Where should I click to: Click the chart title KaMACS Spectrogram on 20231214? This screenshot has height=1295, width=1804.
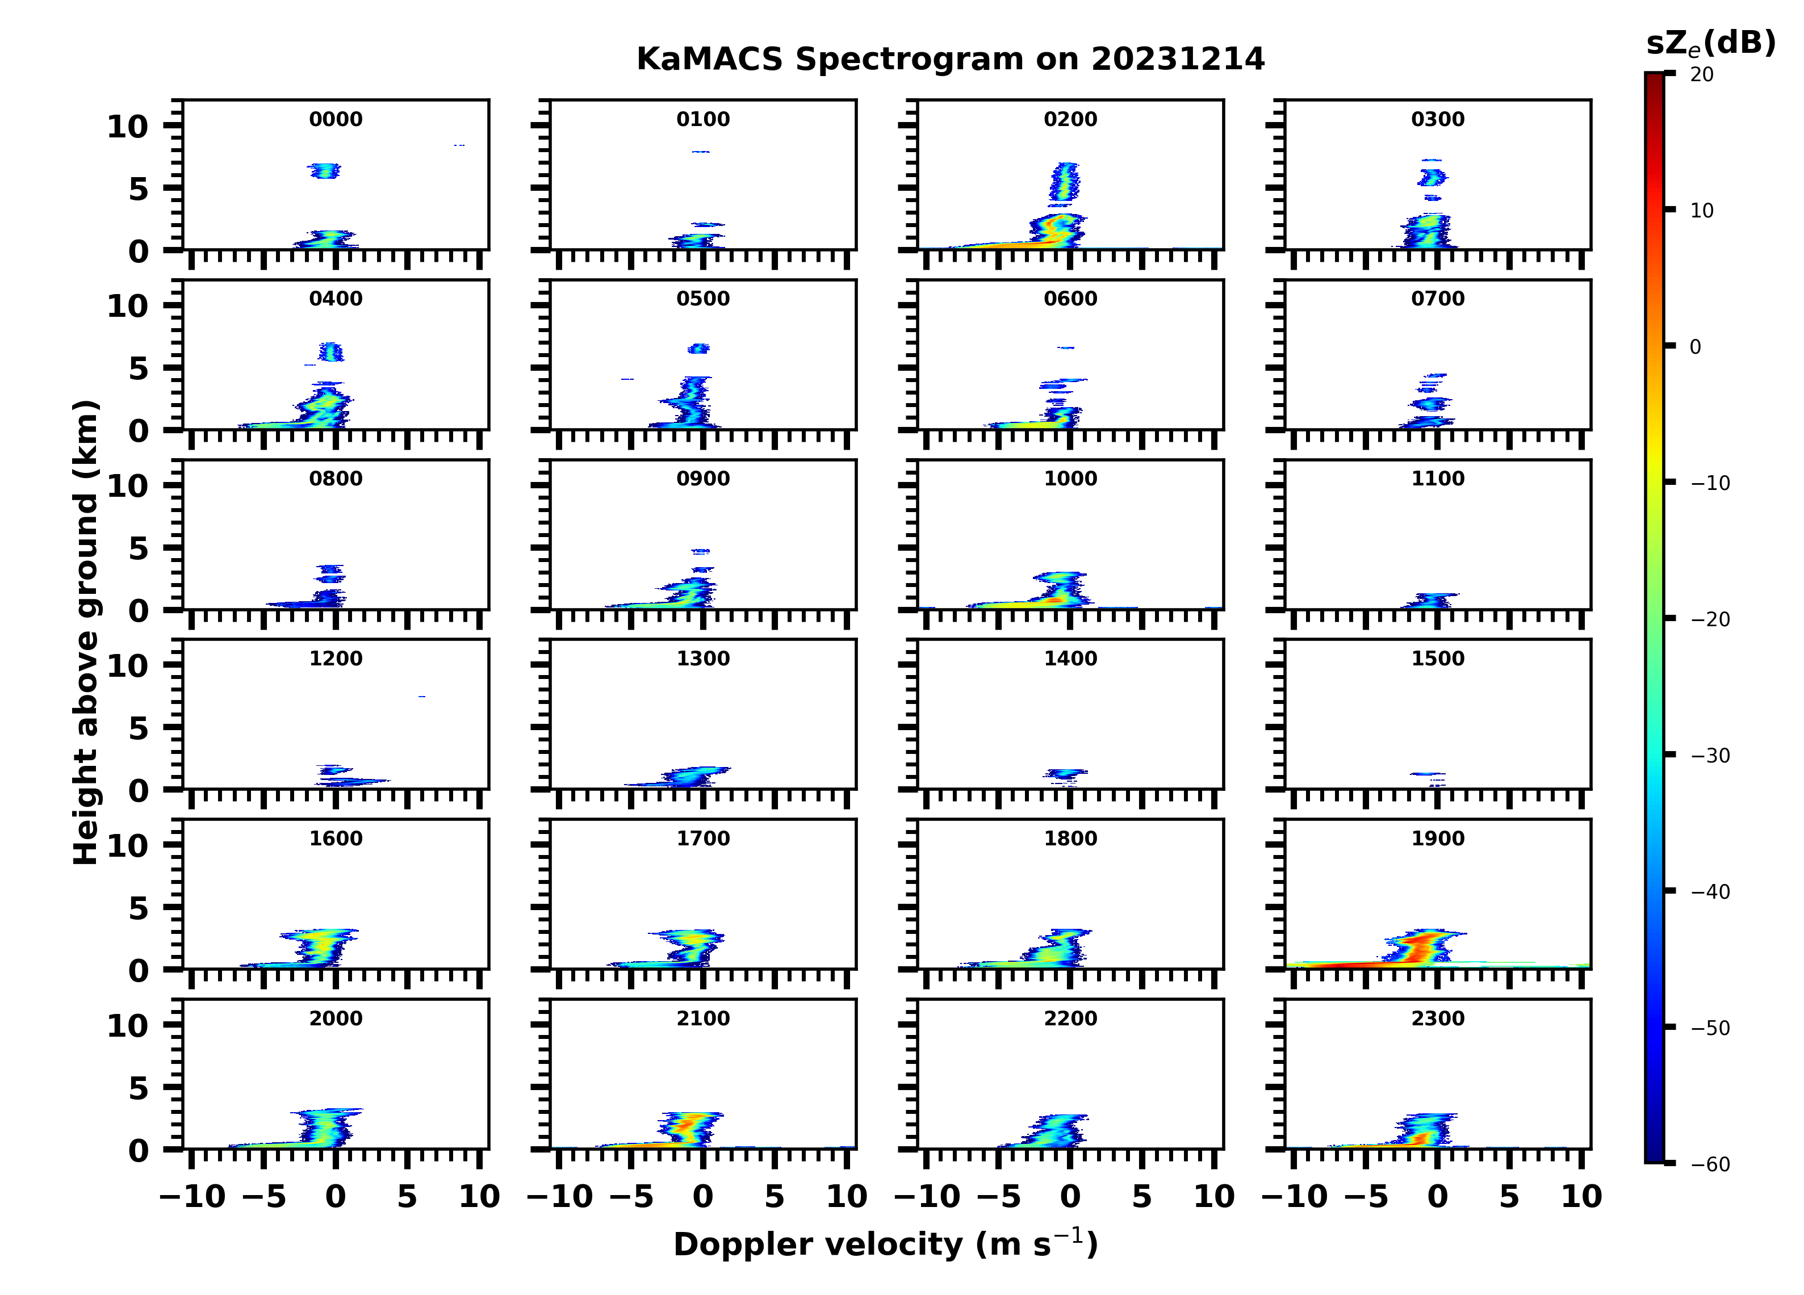pyautogui.click(x=950, y=60)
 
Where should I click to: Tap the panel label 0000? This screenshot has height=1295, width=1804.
pyautogui.click(x=336, y=119)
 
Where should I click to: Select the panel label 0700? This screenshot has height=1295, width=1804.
pyautogui.click(x=1437, y=299)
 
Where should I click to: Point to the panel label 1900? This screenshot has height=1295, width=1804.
pyautogui.click(x=1437, y=839)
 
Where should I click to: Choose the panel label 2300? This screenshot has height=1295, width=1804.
pyautogui.click(x=1437, y=1018)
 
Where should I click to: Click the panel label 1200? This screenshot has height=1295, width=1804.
pyautogui.click(x=336, y=659)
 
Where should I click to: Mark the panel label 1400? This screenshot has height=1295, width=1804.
pyautogui.click(x=1070, y=659)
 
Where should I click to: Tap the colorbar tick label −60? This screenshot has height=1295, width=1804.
pyautogui.click(x=1709, y=1164)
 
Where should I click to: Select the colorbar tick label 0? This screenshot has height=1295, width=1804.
pyautogui.click(x=1695, y=347)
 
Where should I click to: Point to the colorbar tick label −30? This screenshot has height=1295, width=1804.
pyautogui.click(x=1709, y=756)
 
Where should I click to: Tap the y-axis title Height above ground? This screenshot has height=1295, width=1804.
pyautogui.click(x=86, y=632)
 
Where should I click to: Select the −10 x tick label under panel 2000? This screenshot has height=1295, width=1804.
pyautogui.click(x=192, y=1196)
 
